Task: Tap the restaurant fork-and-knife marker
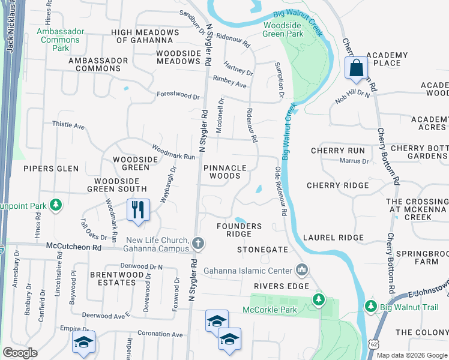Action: pyautogui.click(x=138, y=211)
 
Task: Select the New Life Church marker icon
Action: pyautogui.click(x=199, y=244)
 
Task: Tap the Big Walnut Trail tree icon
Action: pyautogui.click(x=370, y=307)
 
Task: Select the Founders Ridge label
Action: pyautogui.click(x=239, y=230)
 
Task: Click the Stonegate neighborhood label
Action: pyautogui.click(x=263, y=249)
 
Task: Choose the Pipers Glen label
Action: pyautogui.click(x=51, y=169)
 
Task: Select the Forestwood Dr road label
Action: pyautogui.click(x=178, y=95)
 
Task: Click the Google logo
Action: pyautogui.click(x=20, y=353)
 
